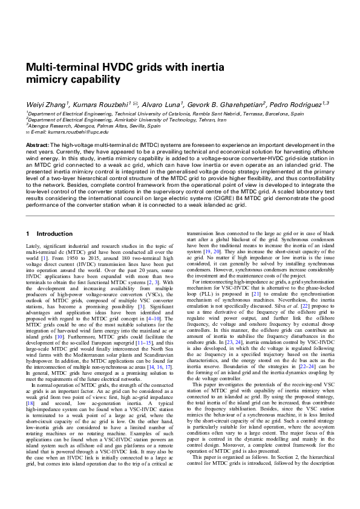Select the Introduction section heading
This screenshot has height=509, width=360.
(x=54, y=233)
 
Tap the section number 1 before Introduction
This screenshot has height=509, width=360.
(x=28, y=233)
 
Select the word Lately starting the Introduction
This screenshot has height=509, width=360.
(x=33, y=246)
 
